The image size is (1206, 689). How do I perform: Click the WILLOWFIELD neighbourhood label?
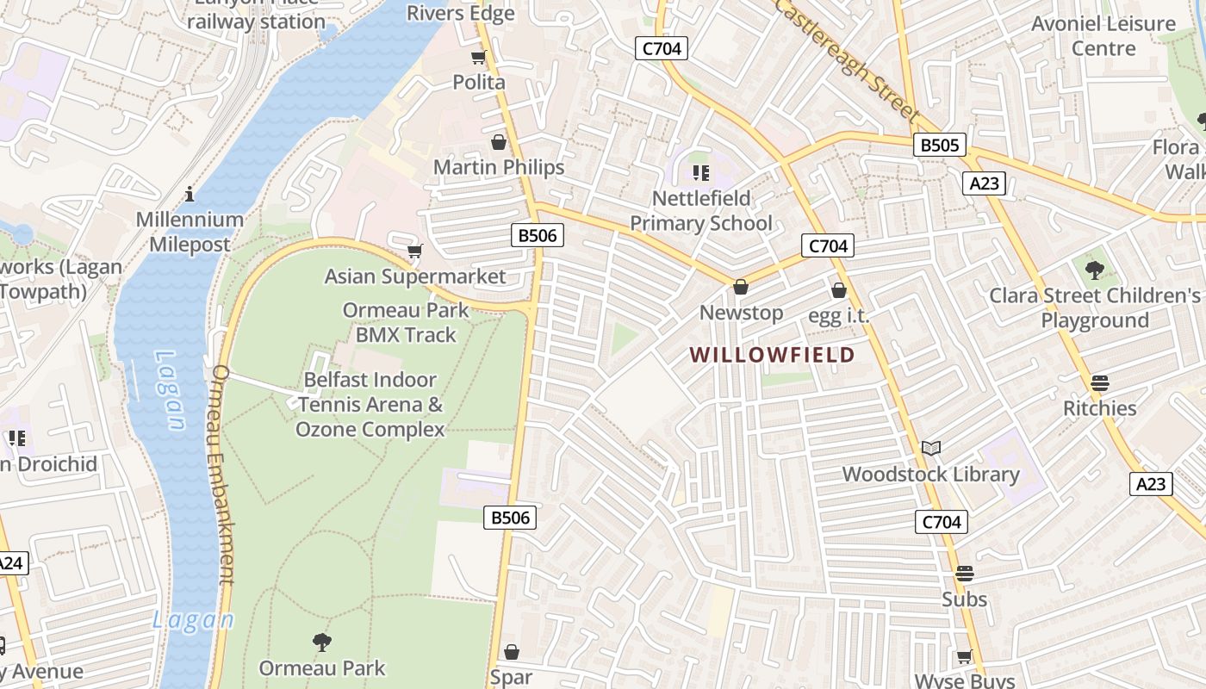coord(772,355)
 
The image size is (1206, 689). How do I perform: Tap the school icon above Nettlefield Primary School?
coord(701,173)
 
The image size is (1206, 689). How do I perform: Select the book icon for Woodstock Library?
coord(931,448)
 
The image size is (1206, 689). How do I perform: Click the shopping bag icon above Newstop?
coord(741,287)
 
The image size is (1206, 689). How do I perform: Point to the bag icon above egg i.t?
coord(839,291)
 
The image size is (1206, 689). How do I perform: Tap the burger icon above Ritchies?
coord(1099,382)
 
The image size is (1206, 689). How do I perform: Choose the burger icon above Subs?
coord(964,574)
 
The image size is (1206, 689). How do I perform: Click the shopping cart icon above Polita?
coord(479,57)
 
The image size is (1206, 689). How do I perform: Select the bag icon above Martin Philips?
coord(499,142)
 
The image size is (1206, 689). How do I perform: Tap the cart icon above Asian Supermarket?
coord(415,251)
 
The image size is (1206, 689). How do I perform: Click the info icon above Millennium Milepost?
coord(190,194)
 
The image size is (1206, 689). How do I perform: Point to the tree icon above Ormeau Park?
coord(322,642)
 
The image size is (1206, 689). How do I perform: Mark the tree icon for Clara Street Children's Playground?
coord(1095,270)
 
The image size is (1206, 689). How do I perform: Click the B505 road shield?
coord(940,145)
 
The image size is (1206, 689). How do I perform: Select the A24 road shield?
coord(10,564)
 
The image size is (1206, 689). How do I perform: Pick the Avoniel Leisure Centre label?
coord(1103,35)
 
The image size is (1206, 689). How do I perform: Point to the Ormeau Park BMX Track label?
coord(406,322)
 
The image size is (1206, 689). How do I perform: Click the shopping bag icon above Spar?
coord(512,652)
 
